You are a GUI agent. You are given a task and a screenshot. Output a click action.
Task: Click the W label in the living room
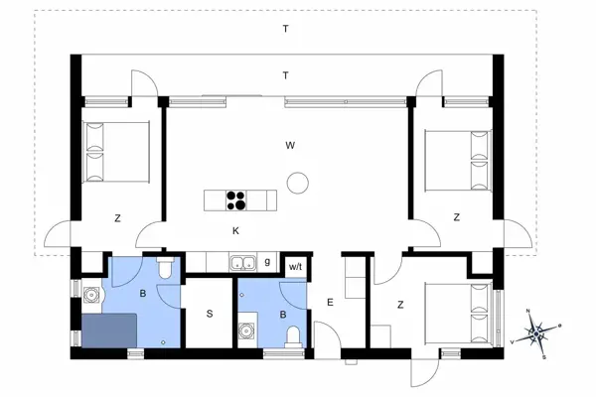tap(290, 145)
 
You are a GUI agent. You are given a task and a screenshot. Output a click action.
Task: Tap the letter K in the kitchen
tap(235, 230)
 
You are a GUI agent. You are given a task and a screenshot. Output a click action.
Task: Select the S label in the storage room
tap(210, 314)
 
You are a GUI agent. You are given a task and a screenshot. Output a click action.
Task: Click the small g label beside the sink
tap(268, 262)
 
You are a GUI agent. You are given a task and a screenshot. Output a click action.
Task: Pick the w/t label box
tap(295, 266)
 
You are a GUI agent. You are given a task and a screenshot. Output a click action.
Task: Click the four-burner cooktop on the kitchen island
tap(237, 199)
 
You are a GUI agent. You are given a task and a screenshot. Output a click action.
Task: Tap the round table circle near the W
tap(296, 183)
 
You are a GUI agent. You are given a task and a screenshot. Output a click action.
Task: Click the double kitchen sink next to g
tap(241, 263)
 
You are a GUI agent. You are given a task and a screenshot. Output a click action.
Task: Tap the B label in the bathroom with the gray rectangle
tap(143, 294)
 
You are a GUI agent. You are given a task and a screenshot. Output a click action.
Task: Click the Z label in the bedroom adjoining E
tap(401, 306)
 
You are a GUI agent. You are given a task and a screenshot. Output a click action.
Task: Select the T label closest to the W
tap(285, 75)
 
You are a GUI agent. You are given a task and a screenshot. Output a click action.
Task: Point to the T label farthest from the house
tap(285, 29)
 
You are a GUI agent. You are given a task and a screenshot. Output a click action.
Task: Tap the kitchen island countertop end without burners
tap(215, 199)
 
